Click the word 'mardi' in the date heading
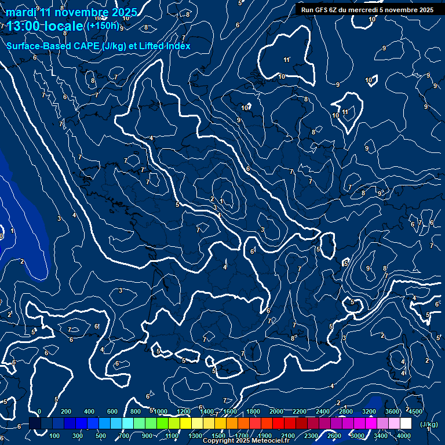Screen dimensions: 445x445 click(21, 13)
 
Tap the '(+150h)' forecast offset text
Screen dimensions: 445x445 click(102, 25)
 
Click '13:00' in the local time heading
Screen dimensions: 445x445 click(23, 26)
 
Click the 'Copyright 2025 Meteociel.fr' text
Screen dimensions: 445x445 click(246, 441)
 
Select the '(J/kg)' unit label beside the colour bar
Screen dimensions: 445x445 click(428, 424)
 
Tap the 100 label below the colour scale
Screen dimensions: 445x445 click(55, 436)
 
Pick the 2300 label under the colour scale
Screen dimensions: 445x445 click(311, 436)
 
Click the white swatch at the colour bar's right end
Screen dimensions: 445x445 click(406, 424)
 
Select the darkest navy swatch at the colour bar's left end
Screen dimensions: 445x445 click(35, 424)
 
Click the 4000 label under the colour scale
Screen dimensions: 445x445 click(404, 436)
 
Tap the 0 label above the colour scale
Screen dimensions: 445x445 click(39, 411)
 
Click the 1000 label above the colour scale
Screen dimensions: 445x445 click(161, 411)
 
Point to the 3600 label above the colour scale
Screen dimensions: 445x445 click(392, 411)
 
